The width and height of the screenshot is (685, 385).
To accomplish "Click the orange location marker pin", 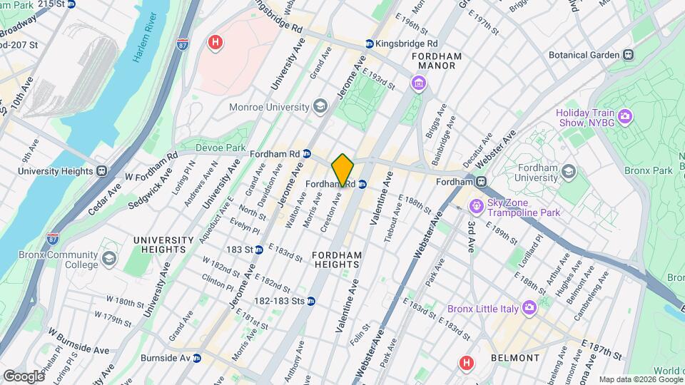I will coord(343,170).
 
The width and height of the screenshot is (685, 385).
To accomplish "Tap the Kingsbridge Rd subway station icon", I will coord(369,43).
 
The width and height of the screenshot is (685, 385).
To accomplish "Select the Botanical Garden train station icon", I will coord(628,54).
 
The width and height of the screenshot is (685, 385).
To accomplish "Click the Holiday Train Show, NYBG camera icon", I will coord(625,115).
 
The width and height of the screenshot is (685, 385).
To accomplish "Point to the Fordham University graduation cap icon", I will coord(568,172).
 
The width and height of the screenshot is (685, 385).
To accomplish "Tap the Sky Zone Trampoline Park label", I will coord(523,207).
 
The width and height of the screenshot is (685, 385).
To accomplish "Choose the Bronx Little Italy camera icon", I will coord(529,307).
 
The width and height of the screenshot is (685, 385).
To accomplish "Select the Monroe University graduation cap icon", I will coord(320,107).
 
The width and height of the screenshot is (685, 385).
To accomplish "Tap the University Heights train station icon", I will coord(102,171).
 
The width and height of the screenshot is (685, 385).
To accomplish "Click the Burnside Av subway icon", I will coord(196,358).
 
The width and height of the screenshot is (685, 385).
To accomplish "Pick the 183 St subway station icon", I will coord(260,250).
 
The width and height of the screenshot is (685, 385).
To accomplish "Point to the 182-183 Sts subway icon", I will coord(311,301).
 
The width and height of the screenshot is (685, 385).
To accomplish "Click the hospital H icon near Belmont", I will coord(466,364).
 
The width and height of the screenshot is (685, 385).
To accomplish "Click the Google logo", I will coord(24,376).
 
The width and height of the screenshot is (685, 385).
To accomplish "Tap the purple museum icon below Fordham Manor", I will coord(417,85).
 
